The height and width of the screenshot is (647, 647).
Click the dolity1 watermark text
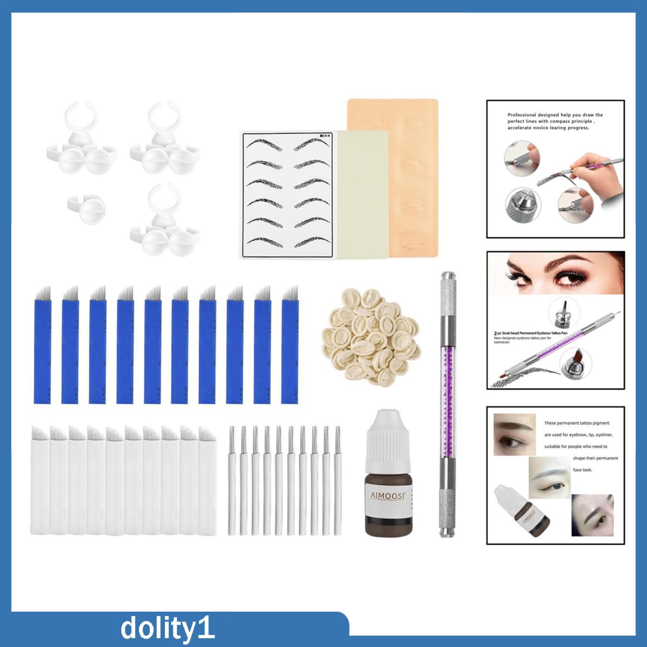pyautogui.click(x=167, y=628)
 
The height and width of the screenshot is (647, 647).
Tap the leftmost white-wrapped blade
pyautogui.click(x=40, y=481)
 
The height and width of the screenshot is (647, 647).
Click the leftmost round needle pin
pyautogui.click(x=231, y=481)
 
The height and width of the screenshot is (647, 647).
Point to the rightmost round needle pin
pyautogui.click(x=337, y=481)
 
